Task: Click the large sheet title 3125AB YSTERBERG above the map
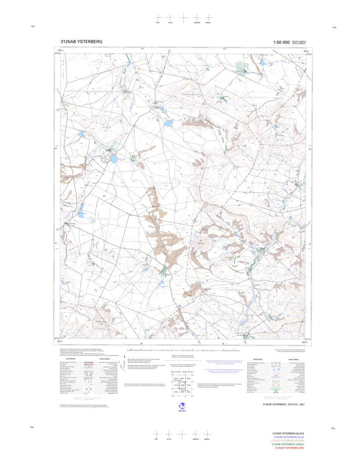(81, 42)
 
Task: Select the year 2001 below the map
(307, 404)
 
